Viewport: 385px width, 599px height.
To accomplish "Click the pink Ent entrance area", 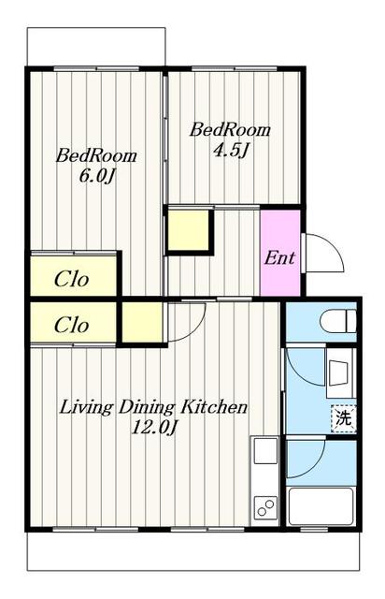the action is pos(279,252).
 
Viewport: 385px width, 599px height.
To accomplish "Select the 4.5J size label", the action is pos(231,150).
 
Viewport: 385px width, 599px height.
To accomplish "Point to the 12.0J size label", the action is pos(153,427).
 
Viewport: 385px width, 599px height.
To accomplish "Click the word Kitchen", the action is pos(214,407).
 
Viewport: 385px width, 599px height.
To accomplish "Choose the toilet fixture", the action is pos(338,321).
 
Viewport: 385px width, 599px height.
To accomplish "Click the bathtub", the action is pos(321,506).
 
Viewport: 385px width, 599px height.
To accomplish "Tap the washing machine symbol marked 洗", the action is pos(343,418).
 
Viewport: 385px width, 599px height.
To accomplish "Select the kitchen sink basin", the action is pos(265,451).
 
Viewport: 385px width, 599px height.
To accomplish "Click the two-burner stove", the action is pos(265,506).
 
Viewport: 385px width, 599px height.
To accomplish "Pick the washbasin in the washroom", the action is pos(338,373).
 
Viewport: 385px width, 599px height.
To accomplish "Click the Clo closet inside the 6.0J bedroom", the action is pos(73,275).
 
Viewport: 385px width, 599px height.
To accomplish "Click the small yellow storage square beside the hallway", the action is pos(189,229).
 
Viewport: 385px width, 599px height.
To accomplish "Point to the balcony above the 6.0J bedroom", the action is pos(96,47).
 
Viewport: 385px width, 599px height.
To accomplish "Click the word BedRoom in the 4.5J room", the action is pos(231,130).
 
